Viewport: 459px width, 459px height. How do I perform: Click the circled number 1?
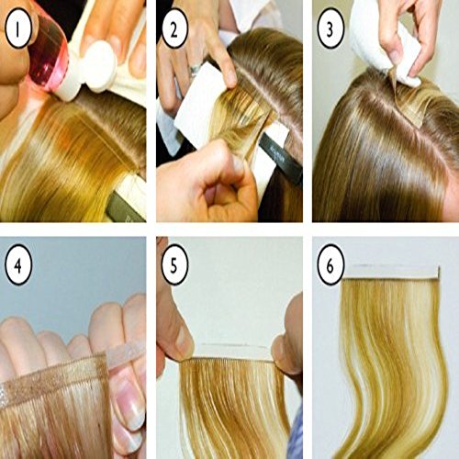(18, 28)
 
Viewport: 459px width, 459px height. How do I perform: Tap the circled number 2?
(174, 28)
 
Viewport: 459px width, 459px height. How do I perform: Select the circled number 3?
(330, 28)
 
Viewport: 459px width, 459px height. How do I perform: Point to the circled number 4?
(18, 265)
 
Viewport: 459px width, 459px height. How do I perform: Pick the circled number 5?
(174, 265)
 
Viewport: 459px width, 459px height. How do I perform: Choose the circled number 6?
(330, 265)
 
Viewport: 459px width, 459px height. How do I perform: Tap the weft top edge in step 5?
(227, 360)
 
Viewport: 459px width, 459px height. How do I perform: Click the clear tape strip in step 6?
(391, 273)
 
